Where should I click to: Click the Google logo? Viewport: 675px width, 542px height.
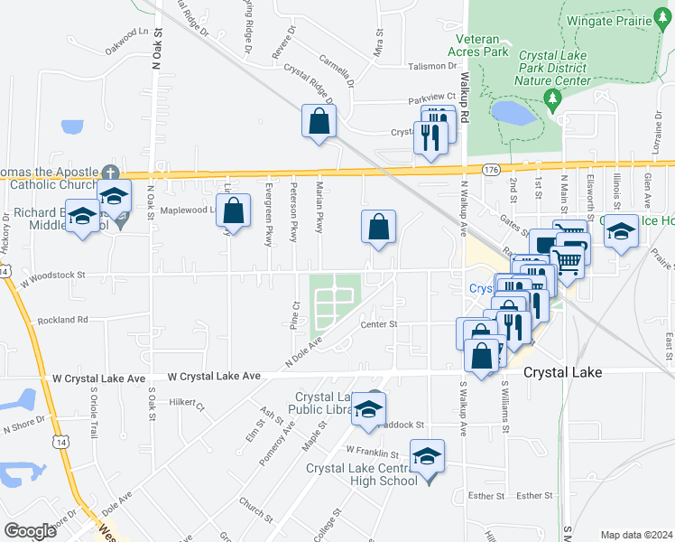click(30, 531)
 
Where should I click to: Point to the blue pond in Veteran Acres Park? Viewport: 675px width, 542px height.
click(513, 113)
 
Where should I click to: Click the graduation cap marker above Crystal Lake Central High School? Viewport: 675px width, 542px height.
click(428, 455)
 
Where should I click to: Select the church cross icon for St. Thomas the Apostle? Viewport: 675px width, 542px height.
click(110, 171)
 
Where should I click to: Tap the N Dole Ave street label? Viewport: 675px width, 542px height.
click(304, 351)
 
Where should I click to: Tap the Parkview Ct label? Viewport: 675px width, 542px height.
click(432, 97)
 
